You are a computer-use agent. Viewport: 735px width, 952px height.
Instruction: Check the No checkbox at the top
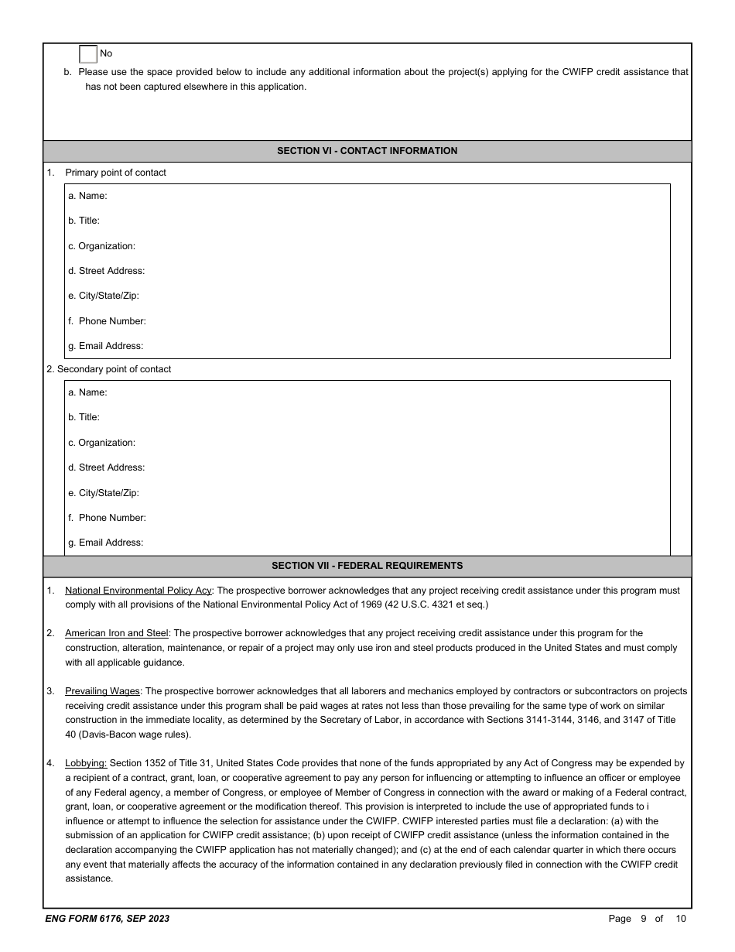88,53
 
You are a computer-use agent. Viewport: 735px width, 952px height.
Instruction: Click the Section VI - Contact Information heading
367,151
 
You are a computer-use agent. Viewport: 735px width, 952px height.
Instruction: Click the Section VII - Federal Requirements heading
367,566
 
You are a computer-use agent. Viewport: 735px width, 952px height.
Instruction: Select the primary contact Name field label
87,196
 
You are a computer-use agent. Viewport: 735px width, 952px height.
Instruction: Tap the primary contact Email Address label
105,346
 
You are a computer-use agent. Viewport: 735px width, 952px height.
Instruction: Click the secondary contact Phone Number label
107,518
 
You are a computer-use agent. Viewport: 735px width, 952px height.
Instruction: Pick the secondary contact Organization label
101,443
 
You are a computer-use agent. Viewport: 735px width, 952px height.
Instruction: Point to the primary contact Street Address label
106,271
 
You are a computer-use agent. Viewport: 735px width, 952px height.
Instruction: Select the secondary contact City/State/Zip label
103,493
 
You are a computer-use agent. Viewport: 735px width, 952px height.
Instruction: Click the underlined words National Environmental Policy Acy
138,591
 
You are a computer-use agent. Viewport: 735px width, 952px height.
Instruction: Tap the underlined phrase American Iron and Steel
116,633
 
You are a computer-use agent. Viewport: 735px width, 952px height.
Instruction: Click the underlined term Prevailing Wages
102,691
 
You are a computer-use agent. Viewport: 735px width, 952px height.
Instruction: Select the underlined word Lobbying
86,763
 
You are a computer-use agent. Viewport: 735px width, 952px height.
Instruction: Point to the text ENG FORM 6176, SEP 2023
108,919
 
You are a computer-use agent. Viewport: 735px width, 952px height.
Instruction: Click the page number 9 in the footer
643,919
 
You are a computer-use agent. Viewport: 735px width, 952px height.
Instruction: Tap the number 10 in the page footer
680,919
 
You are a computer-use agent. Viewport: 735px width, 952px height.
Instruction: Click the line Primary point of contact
115,173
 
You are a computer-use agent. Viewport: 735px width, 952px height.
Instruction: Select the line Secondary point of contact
109,369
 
